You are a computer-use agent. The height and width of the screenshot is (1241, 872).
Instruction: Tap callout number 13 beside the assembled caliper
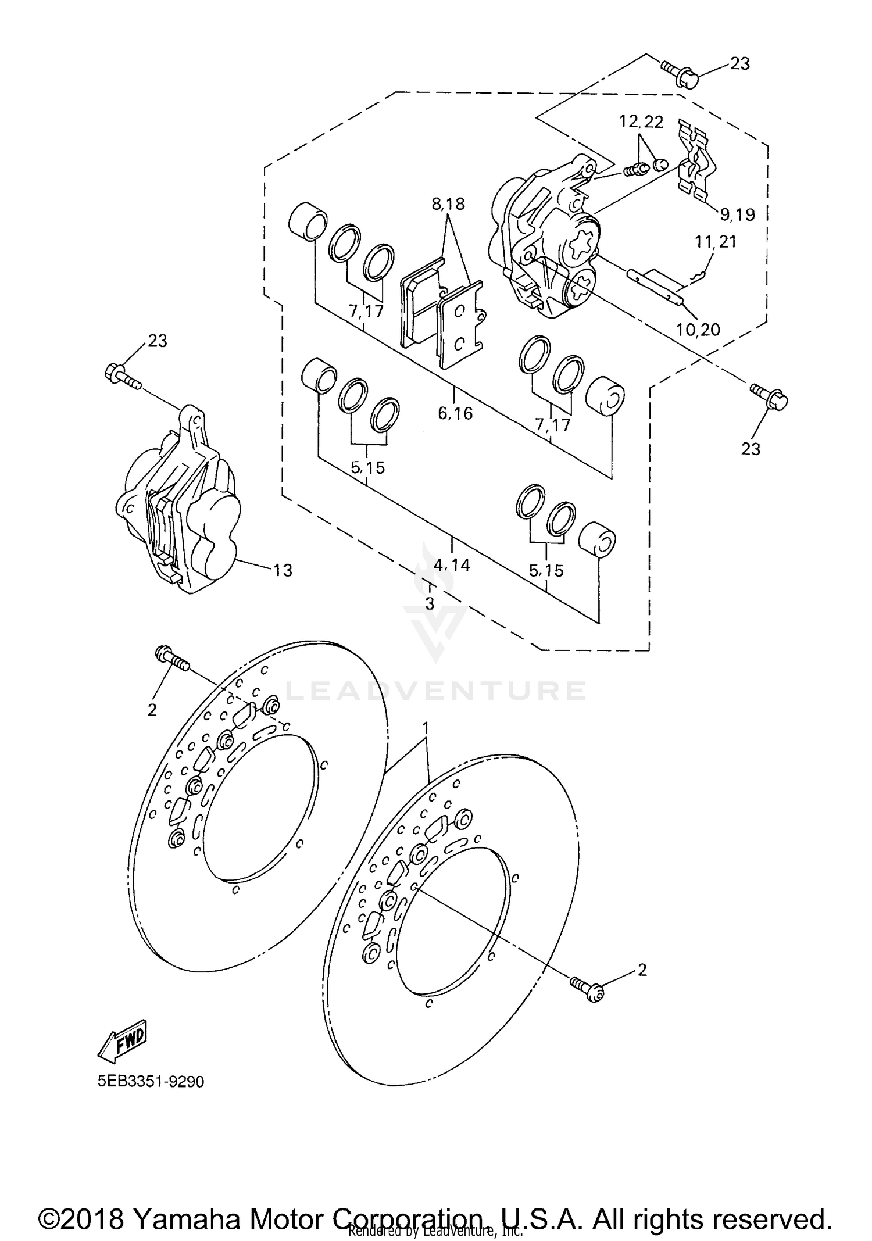tap(283, 570)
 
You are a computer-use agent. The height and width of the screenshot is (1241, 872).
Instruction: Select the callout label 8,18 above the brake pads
tap(448, 204)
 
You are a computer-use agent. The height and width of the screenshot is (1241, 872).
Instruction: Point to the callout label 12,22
tap(641, 122)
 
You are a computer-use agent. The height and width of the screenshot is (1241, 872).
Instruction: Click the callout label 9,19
tap(737, 214)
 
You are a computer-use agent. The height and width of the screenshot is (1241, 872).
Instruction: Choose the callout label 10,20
tap(698, 330)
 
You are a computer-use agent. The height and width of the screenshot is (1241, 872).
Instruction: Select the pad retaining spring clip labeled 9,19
tap(696, 160)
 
